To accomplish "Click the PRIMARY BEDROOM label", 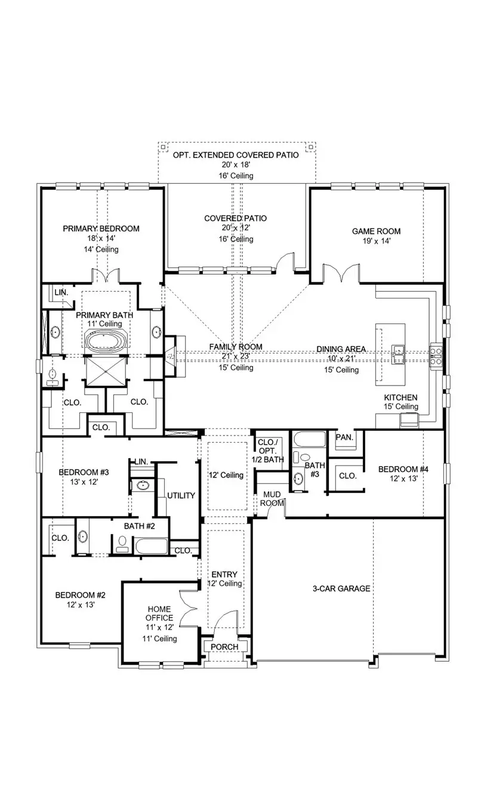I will (x=101, y=229).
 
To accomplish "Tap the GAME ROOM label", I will (x=376, y=232).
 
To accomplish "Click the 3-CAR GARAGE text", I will (x=341, y=588).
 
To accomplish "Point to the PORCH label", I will (x=225, y=647).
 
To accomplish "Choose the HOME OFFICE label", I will (x=161, y=613).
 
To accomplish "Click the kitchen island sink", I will (x=398, y=353).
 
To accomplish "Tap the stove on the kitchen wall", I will (x=436, y=354).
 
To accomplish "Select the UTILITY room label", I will (x=181, y=496).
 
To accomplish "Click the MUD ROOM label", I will (x=272, y=498).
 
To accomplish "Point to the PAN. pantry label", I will (x=344, y=437).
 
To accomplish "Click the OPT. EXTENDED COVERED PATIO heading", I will (x=236, y=155).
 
